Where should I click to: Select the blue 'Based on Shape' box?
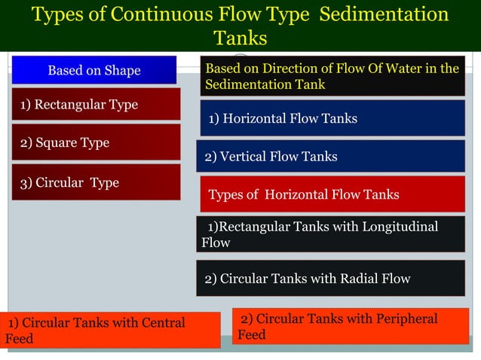tap(94, 70)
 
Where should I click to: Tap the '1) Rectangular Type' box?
tap(95, 105)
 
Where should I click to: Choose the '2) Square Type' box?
tap(95, 142)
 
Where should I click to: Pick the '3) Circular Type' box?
tap(95, 182)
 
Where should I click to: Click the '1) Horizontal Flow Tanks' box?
tap(332, 118)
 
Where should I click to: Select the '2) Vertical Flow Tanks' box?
tap(330, 157)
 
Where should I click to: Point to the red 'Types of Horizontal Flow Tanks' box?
tap(332, 195)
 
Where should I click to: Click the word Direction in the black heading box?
tap(289, 69)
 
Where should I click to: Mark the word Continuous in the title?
tap(148, 14)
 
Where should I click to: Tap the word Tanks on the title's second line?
tap(240, 38)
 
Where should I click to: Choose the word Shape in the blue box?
tap(123, 71)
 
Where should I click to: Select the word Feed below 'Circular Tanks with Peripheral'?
tap(252, 334)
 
